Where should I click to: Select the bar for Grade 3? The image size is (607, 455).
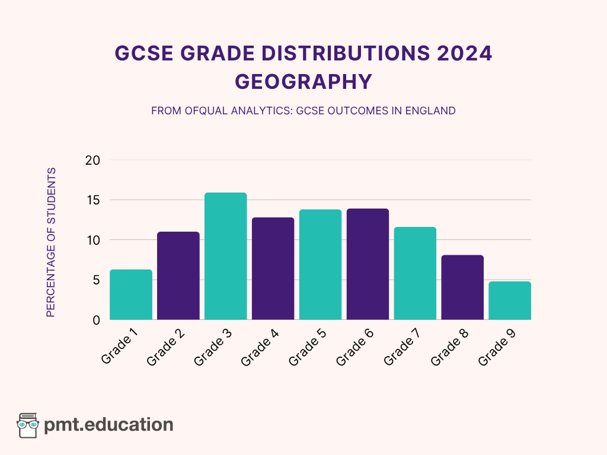point(226,256)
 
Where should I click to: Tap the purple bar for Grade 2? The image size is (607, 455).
point(178,275)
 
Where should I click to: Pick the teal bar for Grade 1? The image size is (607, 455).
point(131,294)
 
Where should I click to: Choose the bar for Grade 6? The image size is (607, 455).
point(368,264)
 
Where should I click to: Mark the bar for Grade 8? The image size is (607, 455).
point(462,287)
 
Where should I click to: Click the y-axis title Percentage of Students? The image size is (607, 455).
point(51,242)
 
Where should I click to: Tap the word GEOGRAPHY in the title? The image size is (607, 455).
point(303,82)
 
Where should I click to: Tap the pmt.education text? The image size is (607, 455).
point(109,425)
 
